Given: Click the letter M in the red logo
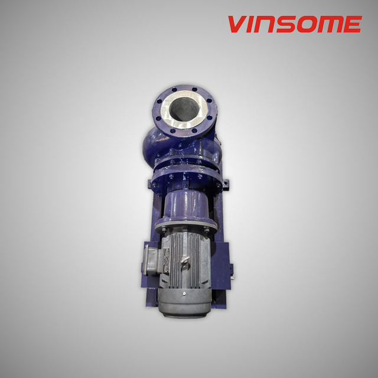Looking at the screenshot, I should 327,25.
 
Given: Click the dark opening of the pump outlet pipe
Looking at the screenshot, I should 184,109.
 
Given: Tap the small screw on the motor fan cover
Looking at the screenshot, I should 184,293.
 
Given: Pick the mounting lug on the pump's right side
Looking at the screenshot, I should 223,187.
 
